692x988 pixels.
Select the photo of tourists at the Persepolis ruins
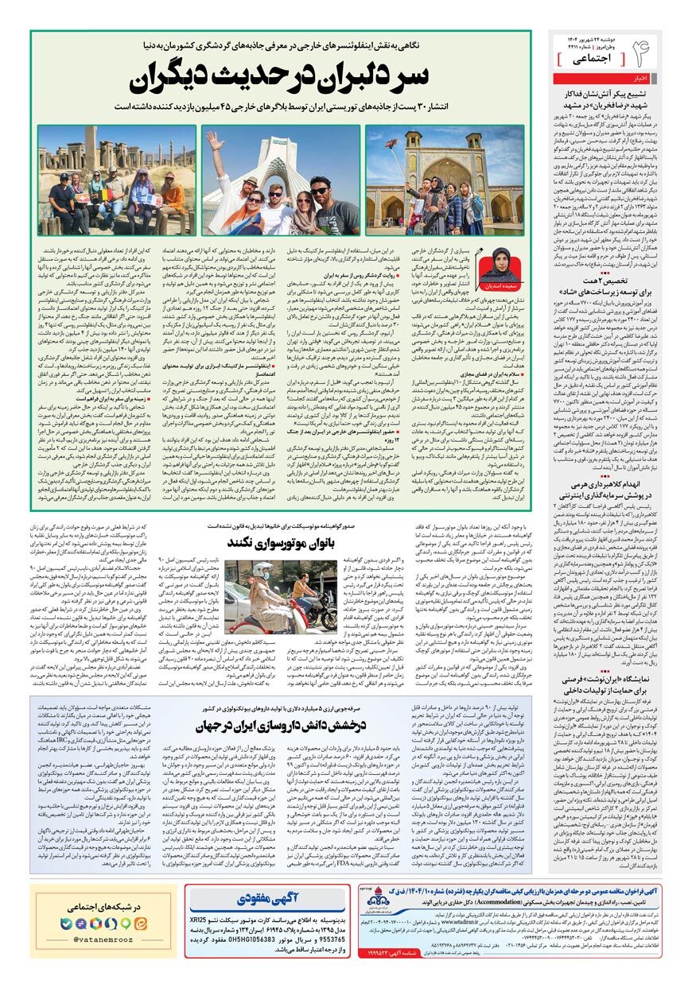[117, 180]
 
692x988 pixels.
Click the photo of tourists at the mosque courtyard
[445, 180]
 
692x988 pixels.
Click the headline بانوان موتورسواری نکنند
[275, 542]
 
